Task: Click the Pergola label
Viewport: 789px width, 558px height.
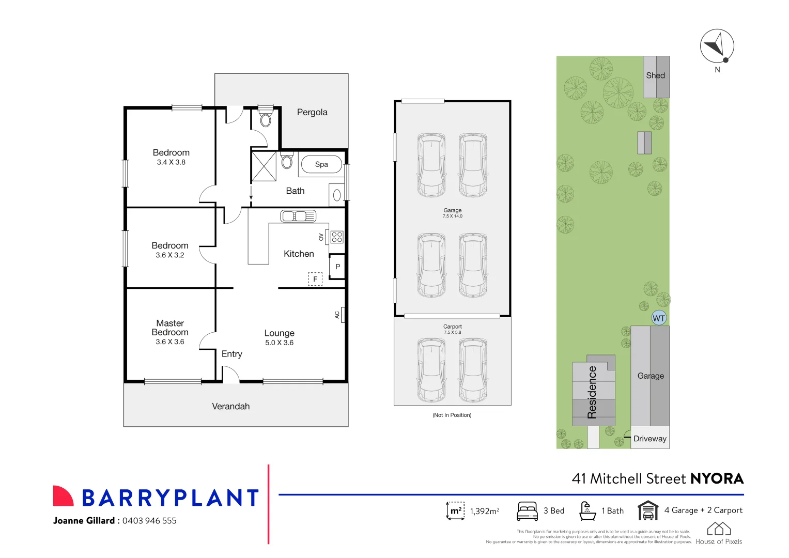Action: tap(312, 112)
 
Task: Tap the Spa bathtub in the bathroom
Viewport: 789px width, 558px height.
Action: tap(321, 164)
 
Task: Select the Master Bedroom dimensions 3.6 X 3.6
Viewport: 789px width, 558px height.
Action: tap(170, 342)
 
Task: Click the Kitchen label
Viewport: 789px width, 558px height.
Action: tap(299, 254)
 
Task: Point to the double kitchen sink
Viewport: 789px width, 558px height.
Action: tap(298, 216)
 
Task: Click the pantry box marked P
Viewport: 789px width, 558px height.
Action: tap(337, 267)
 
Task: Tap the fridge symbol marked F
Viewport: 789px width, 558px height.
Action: tap(315, 279)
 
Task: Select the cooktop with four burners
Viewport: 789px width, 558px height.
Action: tap(337, 237)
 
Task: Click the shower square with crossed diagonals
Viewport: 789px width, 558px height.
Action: tap(264, 166)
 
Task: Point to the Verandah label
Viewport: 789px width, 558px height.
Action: tap(231, 406)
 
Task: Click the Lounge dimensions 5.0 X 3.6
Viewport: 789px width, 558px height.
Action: tap(280, 343)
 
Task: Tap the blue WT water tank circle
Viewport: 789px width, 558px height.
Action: tap(659, 318)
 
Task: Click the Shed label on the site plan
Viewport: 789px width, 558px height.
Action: tap(656, 75)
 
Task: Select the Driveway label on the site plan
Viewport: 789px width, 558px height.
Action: tap(650, 439)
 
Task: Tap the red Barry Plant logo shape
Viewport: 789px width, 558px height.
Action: tap(63, 496)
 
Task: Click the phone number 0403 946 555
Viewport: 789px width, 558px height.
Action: tap(149, 521)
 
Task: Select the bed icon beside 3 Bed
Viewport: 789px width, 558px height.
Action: tap(528, 510)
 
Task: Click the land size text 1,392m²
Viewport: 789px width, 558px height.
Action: tap(485, 511)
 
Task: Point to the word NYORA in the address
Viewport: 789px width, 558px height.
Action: tap(717, 478)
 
